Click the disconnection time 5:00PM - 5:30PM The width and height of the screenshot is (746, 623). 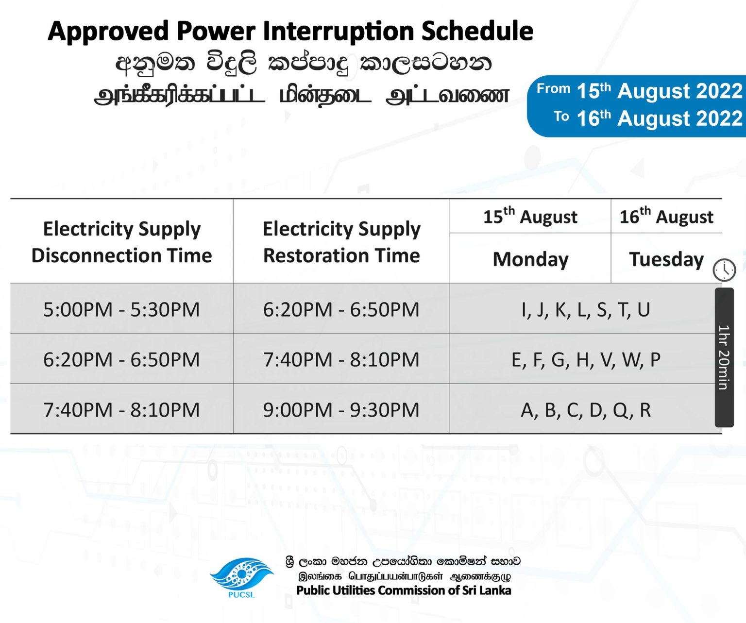click(121, 309)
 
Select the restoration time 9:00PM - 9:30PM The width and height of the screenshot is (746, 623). click(341, 410)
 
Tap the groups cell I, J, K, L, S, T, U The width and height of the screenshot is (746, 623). click(586, 310)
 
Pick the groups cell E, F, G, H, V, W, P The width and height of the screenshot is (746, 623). click(586, 360)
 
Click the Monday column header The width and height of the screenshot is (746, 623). click(530, 259)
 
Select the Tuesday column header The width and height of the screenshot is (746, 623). click(666, 259)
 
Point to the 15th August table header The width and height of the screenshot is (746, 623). click(530, 216)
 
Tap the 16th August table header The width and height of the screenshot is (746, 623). click(666, 216)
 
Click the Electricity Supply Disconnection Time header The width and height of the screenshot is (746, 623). click(122, 242)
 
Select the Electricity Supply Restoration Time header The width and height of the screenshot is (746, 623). click(341, 242)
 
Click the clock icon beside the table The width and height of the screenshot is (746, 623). click(724, 270)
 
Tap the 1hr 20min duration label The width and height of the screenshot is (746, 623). click(724, 357)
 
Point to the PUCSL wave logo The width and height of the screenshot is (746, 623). click(241, 573)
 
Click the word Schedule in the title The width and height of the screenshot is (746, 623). click(477, 31)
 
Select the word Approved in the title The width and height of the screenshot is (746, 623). click(108, 32)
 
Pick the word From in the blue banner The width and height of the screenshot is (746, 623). click(553, 88)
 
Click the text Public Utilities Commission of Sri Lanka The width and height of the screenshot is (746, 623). click(404, 590)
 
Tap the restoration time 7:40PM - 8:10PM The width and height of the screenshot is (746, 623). click(341, 359)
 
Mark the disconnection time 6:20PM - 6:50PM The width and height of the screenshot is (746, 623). click(121, 359)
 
